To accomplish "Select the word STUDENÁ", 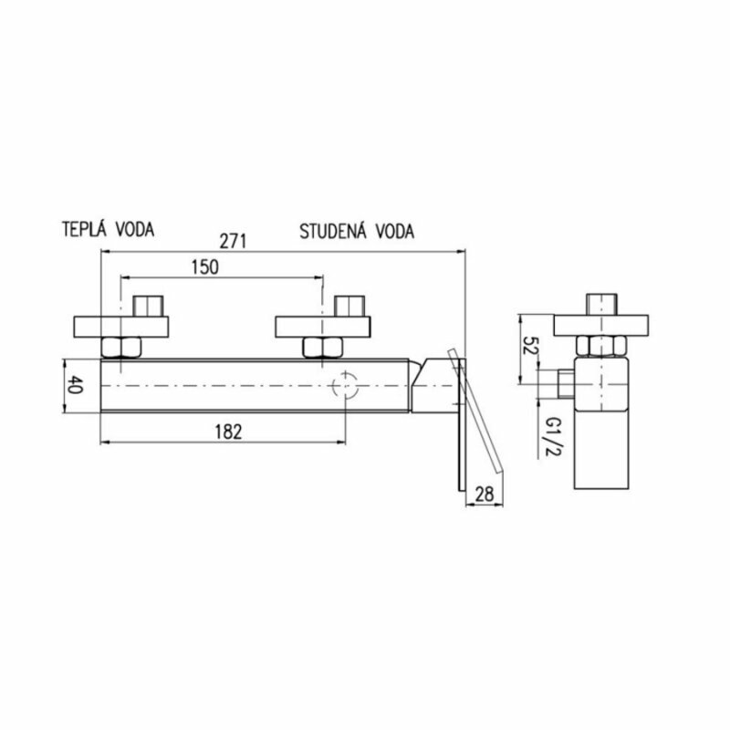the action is click(333, 231).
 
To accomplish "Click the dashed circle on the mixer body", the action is click(347, 386).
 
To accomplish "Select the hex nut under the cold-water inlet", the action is click(321, 347).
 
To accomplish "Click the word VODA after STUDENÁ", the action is click(392, 231).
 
